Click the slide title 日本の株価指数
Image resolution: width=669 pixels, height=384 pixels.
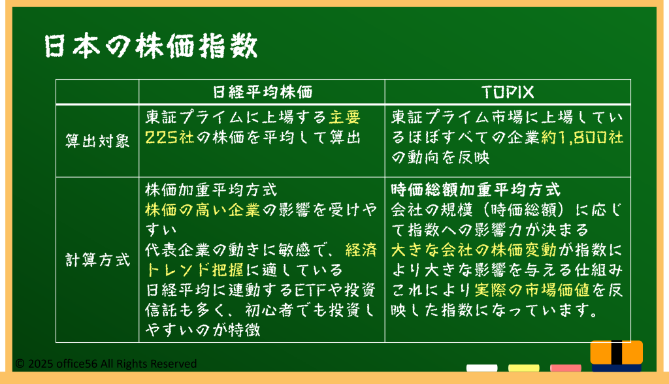point(151,46)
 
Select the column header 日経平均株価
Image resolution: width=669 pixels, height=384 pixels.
point(263,92)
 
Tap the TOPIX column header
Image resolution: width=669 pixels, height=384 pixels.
point(508,92)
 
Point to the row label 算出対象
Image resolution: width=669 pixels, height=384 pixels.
point(97,141)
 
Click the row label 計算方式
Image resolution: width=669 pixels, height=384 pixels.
point(97,260)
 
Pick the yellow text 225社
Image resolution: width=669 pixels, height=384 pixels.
point(170,137)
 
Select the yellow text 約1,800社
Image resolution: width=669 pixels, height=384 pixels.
point(582,137)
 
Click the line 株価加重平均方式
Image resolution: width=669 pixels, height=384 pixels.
point(211,189)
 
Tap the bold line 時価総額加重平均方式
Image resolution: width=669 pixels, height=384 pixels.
point(476,189)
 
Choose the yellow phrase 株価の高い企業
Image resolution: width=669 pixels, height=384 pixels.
point(203,210)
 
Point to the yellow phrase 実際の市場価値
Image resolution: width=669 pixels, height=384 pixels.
point(532,290)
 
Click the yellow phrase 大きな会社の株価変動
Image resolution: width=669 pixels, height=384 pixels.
point(474,249)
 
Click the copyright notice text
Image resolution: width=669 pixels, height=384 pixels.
point(106,364)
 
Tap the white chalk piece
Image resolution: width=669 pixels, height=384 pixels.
point(481,368)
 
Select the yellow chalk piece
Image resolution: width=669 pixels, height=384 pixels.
point(523,368)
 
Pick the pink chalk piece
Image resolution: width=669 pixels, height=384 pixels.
point(565,368)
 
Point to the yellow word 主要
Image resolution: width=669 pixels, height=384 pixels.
point(345,117)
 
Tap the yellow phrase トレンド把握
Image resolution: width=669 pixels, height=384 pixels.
point(195,270)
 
